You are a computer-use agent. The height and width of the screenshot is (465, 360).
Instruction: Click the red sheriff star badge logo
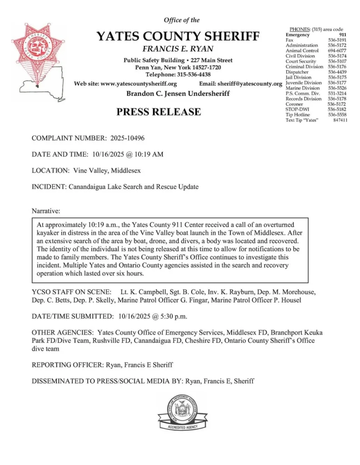[x=38, y=48]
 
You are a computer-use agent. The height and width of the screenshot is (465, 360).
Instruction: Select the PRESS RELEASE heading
[x=159, y=112]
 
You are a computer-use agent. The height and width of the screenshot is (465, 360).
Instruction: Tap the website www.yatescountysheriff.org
[x=139, y=84]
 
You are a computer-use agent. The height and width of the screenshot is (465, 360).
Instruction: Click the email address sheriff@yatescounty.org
[x=250, y=84]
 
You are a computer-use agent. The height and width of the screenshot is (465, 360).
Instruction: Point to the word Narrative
[x=46, y=212]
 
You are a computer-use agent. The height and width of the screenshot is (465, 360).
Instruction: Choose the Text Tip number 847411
[x=340, y=120]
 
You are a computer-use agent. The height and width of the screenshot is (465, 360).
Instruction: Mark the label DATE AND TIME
[x=60, y=154]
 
